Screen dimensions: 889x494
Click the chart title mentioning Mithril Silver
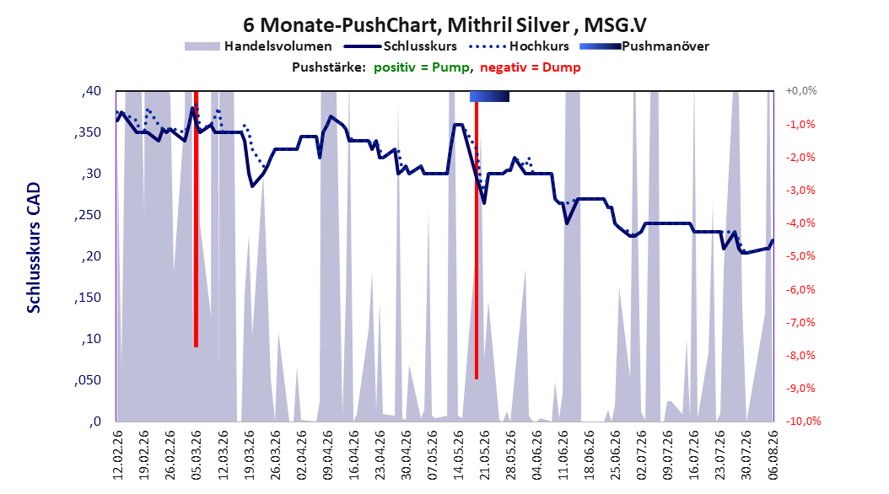pyautogui.click(x=444, y=25)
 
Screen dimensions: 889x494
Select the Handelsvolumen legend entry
pyautogui.click(x=258, y=46)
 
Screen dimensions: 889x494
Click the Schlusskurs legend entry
pyautogui.click(x=401, y=46)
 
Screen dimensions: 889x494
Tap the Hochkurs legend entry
pyautogui.click(x=520, y=46)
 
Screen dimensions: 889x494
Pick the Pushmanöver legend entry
pyautogui.click(x=644, y=46)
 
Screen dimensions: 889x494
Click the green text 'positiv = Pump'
pyautogui.click(x=421, y=67)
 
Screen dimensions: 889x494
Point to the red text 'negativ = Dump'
pyautogui.click(x=531, y=67)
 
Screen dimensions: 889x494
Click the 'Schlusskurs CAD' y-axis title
pyautogui.click(x=34, y=248)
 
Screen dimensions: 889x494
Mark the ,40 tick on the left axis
pyautogui.click(x=91, y=91)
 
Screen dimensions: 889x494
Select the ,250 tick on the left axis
pyautogui.click(x=88, y=215)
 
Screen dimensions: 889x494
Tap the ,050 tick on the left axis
pyautogui.click(x=88, y=380)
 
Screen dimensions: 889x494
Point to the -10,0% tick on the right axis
pyautogui.click(x=803, y=421)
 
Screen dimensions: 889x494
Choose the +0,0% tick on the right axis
pyautogui.click(x=801, y=91)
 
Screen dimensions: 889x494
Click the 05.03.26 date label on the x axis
pyautogui.click(x=197, y=455)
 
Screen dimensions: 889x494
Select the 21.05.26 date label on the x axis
pyautogui.click(x=484, y=455)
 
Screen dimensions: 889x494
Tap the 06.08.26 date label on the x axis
pyautogui.click(x=773, y=455)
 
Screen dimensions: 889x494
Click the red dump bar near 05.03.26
pyautogui.click(x=196, y=218)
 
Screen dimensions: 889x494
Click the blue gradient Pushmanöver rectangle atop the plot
pyautogui.click(x=489, y=96)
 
